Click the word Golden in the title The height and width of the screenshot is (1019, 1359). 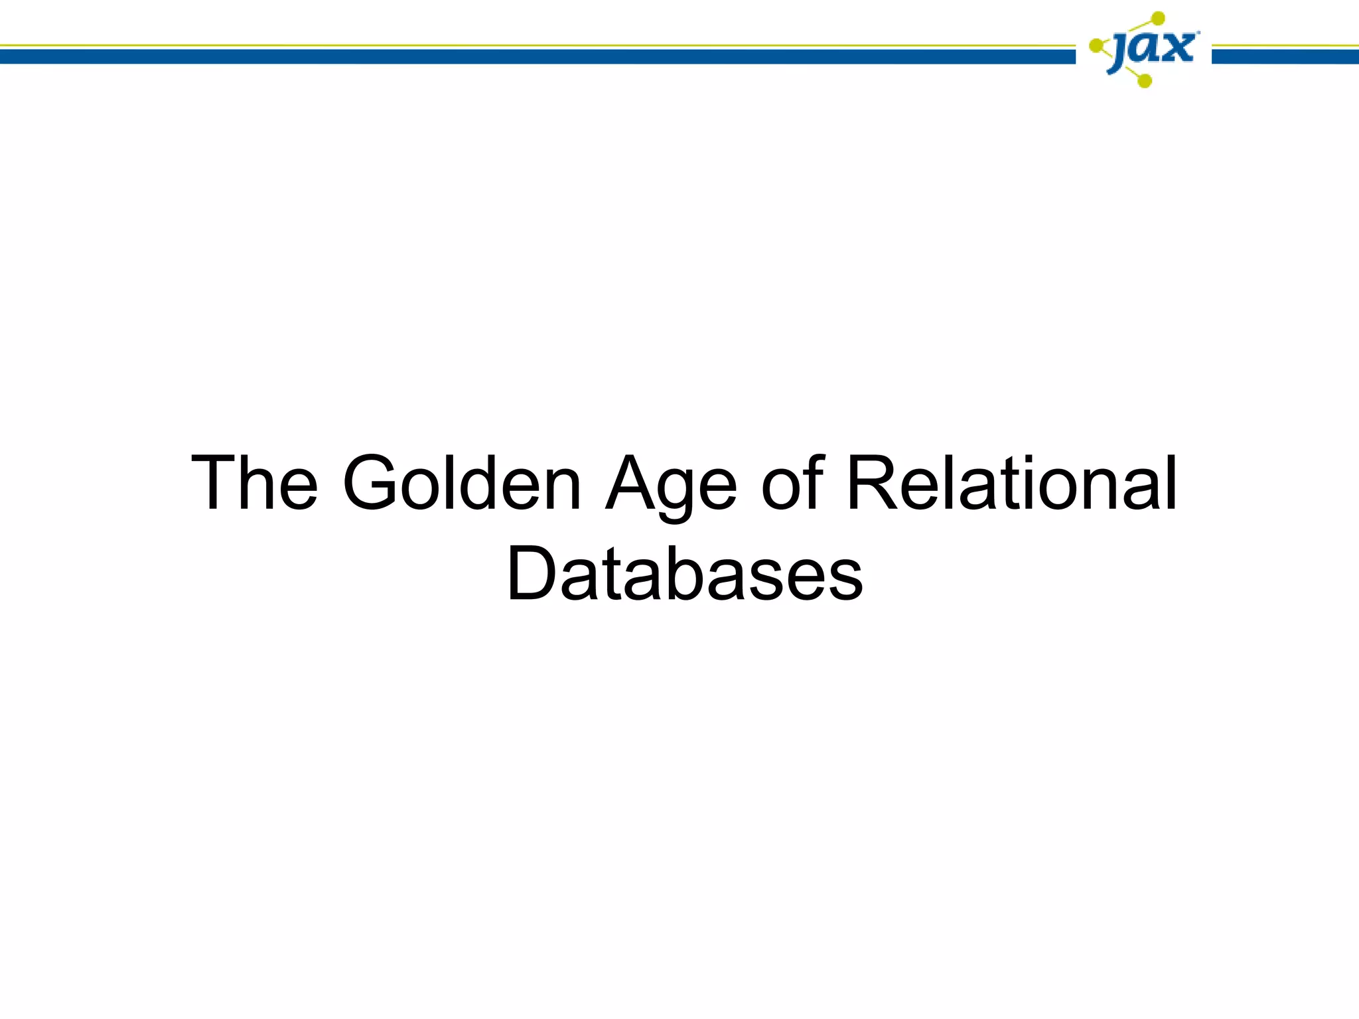(x=462, y=484)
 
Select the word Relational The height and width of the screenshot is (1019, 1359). (x=1013, y=484)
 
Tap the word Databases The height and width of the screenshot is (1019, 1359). (x=685, y=574)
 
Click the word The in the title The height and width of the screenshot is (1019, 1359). (x=254, y=484)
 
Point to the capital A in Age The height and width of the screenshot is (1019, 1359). (x=632, y=484)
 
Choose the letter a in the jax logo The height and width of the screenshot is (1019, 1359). (x=1147, y=48)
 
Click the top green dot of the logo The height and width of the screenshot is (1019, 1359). (x=1158, y=18)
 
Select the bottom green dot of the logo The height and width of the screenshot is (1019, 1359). (x=1144, y=81)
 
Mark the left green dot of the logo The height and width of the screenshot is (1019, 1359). (x=1096, y=46)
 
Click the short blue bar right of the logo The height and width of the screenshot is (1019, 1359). (x=1285, y=57)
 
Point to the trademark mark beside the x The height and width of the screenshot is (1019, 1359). (x=1197, y=32)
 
